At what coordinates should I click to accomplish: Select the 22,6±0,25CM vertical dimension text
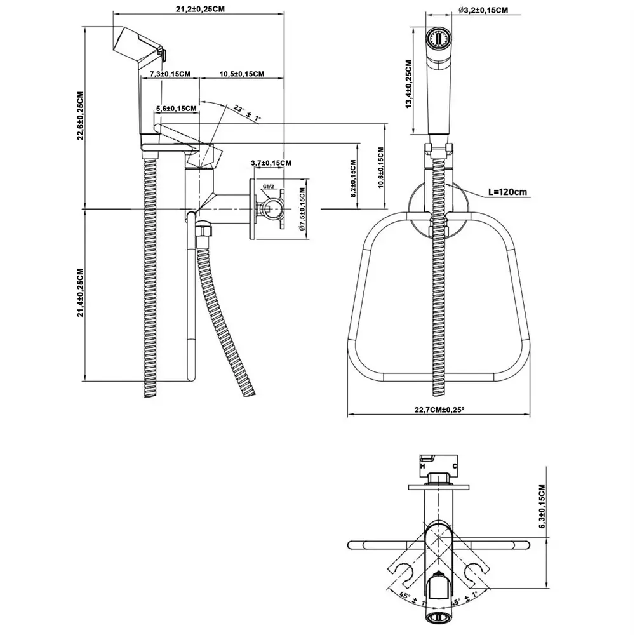coord(80,117)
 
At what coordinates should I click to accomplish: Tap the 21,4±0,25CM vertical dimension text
coord(80,292)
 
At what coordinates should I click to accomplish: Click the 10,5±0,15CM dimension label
coord(242,74)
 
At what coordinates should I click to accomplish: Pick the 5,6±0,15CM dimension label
coord(175,109)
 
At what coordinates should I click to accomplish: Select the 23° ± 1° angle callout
coord(246,113)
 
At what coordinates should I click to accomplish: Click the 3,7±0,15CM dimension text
coord(271,163)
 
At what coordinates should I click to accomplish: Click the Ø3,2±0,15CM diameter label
coord(483,10)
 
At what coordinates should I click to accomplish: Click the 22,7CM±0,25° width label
coord(439,410)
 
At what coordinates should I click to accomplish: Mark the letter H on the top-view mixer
coord(422,466)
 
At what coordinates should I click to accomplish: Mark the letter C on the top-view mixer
coord(455,466)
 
